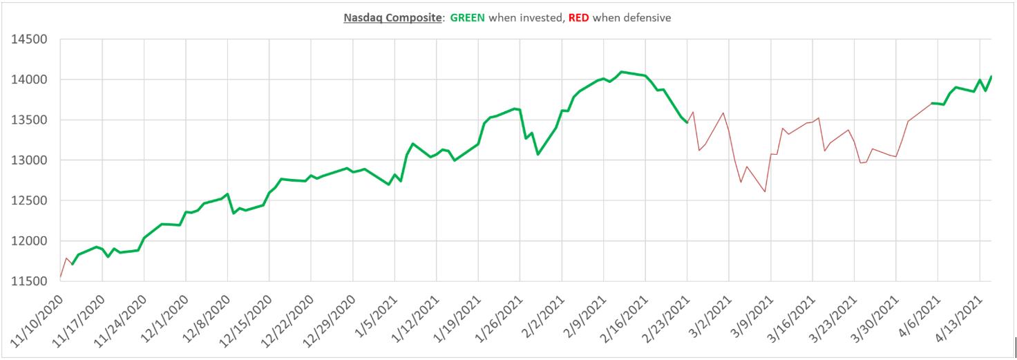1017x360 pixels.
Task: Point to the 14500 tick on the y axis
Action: pyautogui.click(x=29, y=39)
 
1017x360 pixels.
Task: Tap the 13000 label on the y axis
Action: pyautogui.click(x=29, y=160)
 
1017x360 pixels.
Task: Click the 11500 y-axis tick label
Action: pyautogui.click(x=29, y=281)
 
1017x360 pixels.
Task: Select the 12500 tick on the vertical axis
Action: pyautogui.click(x=29, y=201)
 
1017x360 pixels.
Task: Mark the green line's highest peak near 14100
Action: pyautogui.click(x=621, y=72)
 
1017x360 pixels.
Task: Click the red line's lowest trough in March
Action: pyautogui.click(x=765, y=191)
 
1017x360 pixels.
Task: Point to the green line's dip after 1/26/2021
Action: pyautogui.click(x=538, y=153)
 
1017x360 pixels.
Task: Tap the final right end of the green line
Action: pyautogui.click(x=991, y=76)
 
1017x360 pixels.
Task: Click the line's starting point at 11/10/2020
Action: pyautogui.click(x=61, y=276)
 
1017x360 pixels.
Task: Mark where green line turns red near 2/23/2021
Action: pyautogui.click(x=687, y=123)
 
